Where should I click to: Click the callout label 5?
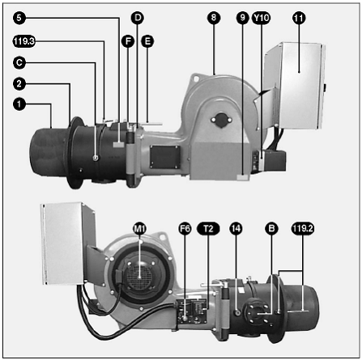coord(19,18)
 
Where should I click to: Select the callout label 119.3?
coord(24,41)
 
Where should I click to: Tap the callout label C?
coord(19,63)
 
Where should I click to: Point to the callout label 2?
coord(19,84)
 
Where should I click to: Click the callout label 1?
coord(19,104)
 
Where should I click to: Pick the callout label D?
coord(138,18)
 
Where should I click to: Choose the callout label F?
coord(128,41)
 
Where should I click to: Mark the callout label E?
coord(147,41)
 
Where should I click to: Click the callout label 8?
coord(214,18)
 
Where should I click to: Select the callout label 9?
coord(242,18)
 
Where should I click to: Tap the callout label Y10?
coord(261,18)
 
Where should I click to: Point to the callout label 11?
coord(299,18)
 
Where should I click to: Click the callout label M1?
coord(139,229)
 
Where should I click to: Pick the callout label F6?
coord(185,229)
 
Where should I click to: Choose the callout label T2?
coord(208,229)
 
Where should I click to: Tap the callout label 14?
coord(236,229)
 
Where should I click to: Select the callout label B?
coord(271,229)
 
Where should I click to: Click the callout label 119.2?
coord(303,229)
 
